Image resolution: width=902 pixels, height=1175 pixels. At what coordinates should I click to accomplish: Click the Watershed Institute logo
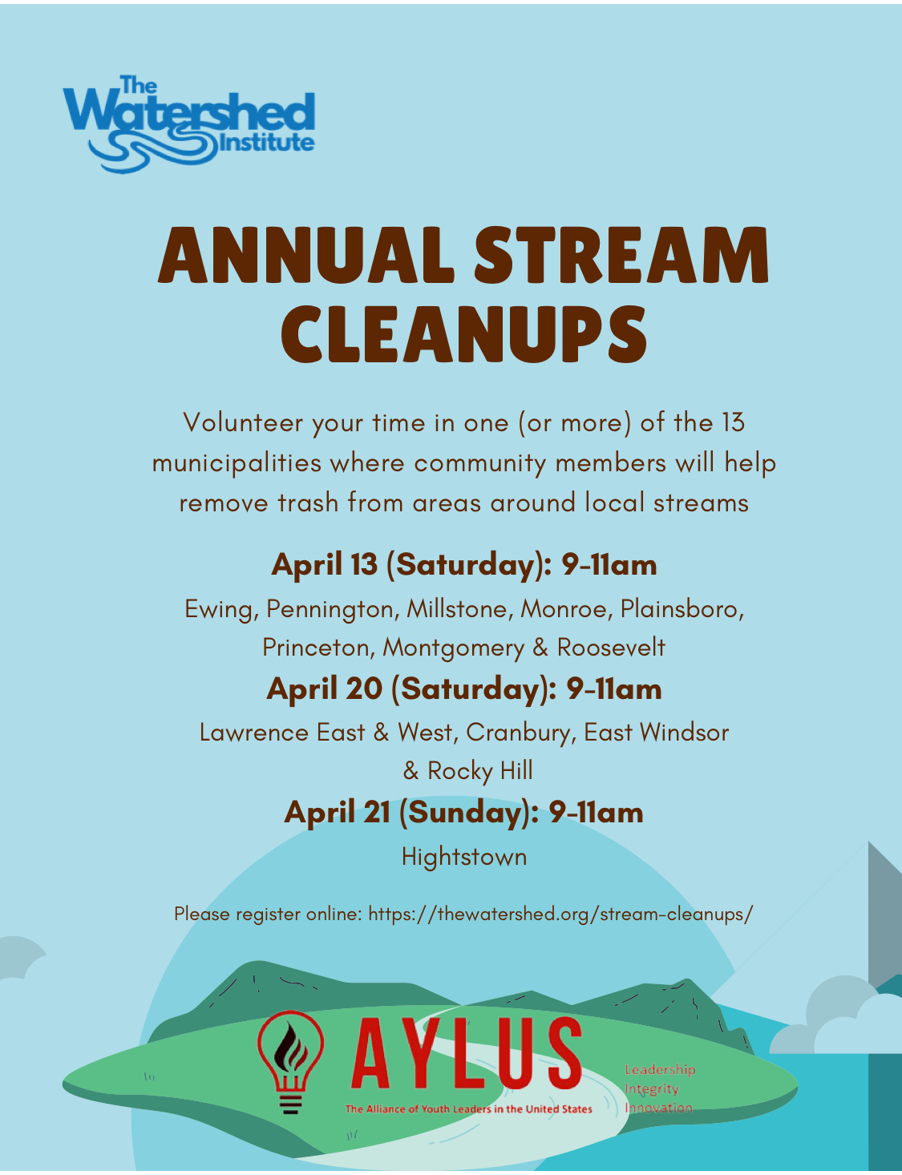pyautogui.click(x=188, y=123)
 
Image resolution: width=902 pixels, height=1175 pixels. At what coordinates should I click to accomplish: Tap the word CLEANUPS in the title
pyautogui.click(x=464, y=335)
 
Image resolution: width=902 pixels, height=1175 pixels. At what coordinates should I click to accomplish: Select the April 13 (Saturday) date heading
pyautogui.click(x=464, y=565)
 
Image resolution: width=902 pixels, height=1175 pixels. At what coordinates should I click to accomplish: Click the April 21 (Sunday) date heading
pyautogui.click(x=464, y=813)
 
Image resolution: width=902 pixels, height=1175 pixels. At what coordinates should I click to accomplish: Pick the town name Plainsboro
pyautogui.click(x=682, y=609)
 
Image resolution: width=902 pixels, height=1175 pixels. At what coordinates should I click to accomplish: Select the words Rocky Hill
pyautogui.click(x=480, y=771)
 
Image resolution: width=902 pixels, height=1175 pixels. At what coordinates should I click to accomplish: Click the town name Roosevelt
pyautogui.click(x=611, y=648)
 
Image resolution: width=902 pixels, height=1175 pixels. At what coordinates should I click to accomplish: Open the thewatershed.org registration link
pyautogui.click(x=560, y=915)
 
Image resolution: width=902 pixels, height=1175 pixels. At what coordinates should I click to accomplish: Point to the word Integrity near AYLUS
pyautogui.click(x=652, y=1089)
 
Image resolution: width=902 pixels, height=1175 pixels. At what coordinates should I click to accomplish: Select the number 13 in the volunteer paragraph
pyautogui.click(x=734, y=422)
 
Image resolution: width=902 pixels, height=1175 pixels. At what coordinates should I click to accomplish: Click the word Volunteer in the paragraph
pyautogui.click(x=243, y=422)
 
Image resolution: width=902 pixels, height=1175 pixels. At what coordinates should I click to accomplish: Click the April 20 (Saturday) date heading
pyautogui.click(x=464, y=689)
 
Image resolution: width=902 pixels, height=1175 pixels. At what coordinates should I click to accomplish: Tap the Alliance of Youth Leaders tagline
pyautogui.click(x=469, y=1109)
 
